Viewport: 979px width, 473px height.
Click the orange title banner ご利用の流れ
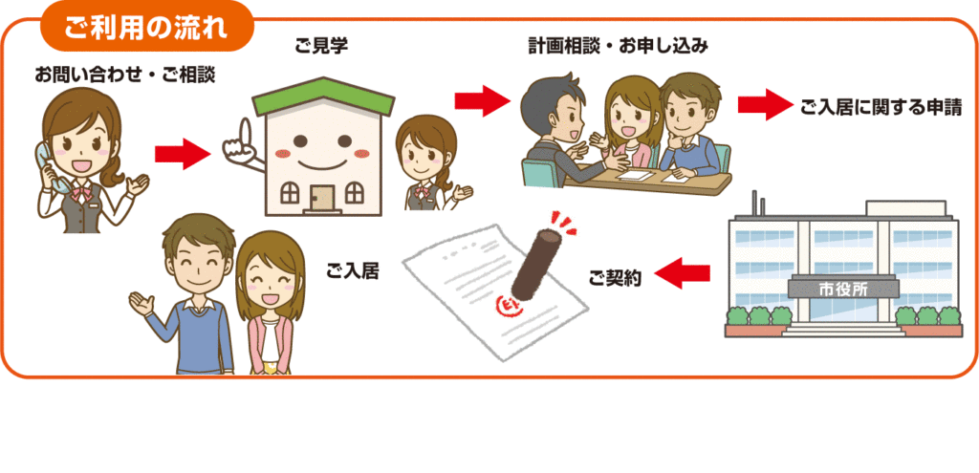click(x=145, y=26)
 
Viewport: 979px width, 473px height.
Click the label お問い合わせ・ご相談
click(x=124, y=74)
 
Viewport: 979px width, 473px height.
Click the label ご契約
click(x=614, y=276)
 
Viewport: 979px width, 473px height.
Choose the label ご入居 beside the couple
click(x=352, y=271)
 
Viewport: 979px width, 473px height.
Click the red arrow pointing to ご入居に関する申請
click(x=766, y=105)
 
